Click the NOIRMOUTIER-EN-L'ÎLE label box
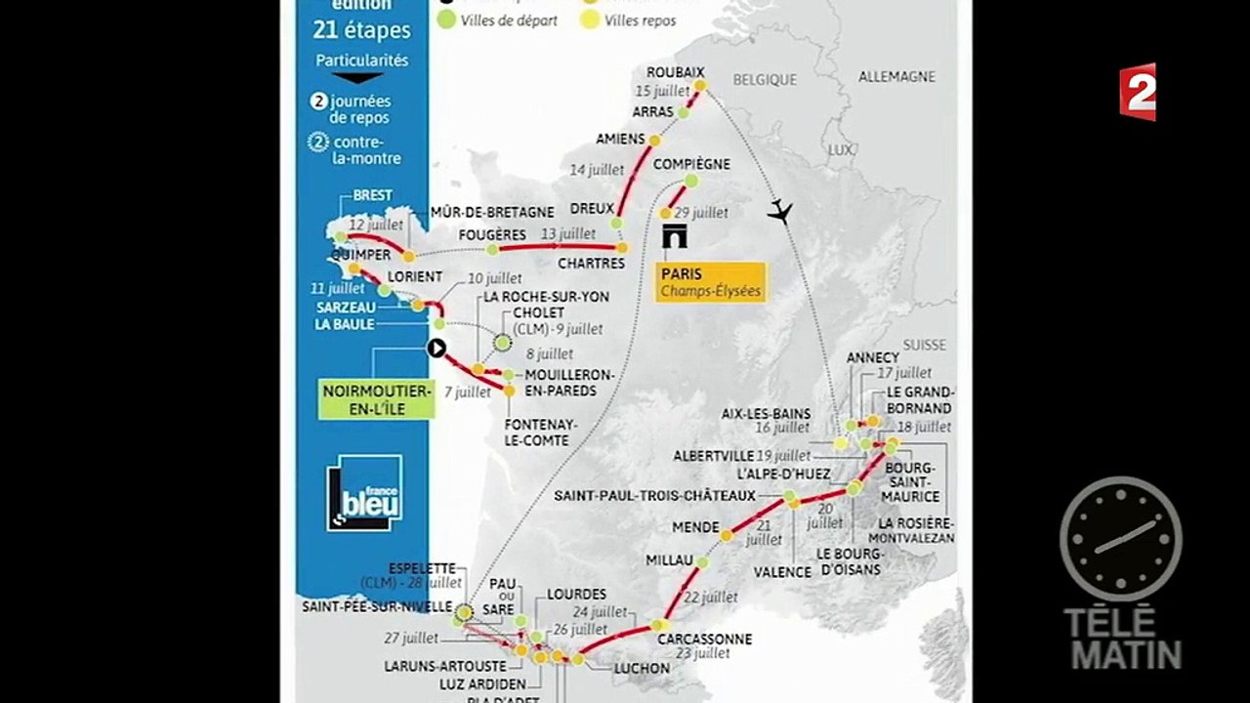pyautogui.click(x=377, y=399)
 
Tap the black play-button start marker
pyautogui.click(x=437, y=348)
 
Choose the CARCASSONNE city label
pyautogui.click(x=704, y=639)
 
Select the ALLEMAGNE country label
pyautogui.click(x=896, y=76)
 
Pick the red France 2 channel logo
pyautogui.click(x=1138, y=92)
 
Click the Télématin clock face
pyautogui.click(x=1120, y=538)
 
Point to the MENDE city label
pyautogui.click(x=695, y=527)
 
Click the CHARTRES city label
pyautogui.click(x=591, y=264)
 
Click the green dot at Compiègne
pyautogui.click(x=691, y=181)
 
